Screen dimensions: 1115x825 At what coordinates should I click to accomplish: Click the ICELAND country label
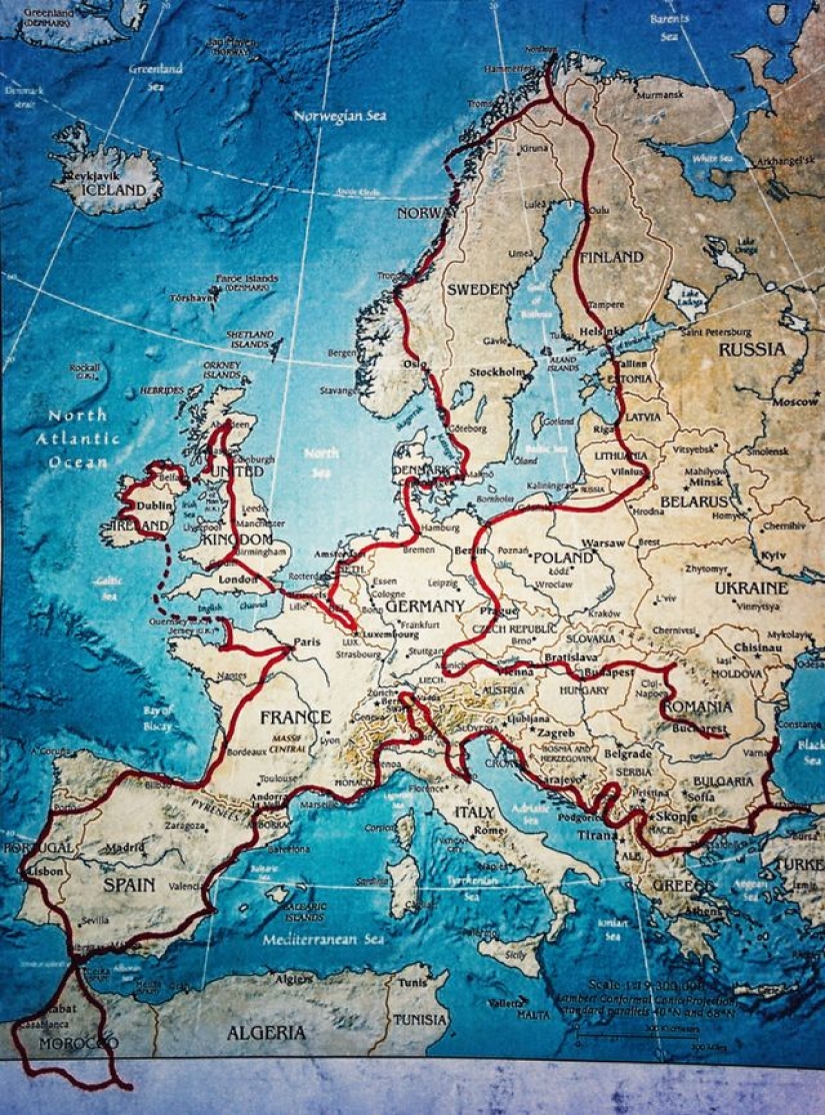(113, 190)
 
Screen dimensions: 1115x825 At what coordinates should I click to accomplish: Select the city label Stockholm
(498, 372)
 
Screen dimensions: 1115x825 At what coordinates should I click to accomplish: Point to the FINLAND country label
(611, 257)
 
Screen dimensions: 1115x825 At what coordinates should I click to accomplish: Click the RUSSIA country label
(751, 350)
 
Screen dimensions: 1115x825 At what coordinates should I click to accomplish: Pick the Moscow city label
(798, 401)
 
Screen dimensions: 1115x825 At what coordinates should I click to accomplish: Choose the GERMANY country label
(424, 606)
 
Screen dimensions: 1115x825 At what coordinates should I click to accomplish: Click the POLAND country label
(563, 557)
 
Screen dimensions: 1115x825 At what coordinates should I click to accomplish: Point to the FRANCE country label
(295, 717)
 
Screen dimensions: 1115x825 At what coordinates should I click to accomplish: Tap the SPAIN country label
(129, 884)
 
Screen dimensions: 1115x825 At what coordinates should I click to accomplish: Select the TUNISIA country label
(420, 1020)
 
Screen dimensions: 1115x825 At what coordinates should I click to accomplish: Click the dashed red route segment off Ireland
(163, 574)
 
